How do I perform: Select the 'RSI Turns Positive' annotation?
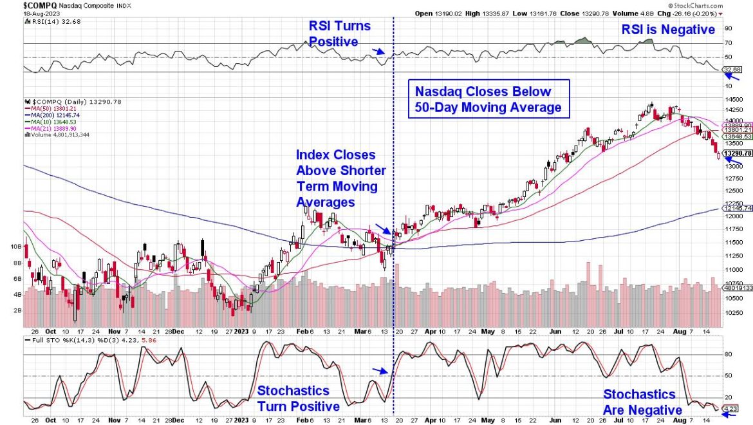click(x=340, y=33)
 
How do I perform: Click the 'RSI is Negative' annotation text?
click(x=667, y=30)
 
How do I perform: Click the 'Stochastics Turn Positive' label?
click(x=298, y=399)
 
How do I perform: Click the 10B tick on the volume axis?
click(x=15, y=247)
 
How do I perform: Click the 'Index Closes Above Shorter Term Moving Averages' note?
click(x=340, y=179)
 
